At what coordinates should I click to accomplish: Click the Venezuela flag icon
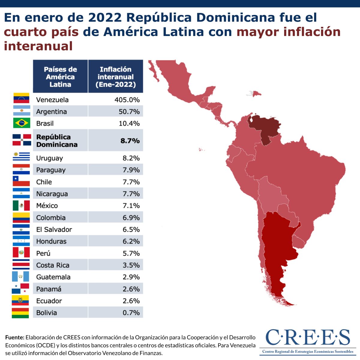[x=21, y=98]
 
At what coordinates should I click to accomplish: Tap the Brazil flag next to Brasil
[x=22, y=123]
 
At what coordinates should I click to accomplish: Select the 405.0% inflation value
[x=127, y=100]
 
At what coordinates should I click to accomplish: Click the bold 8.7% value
[x=130, y=140]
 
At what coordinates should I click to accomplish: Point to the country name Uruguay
[x=49, y=158]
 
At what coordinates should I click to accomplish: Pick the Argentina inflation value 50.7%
[x=129, y=112]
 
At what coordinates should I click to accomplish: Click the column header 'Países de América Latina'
[x=60, y=77]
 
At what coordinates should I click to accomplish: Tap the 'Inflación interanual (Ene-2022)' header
[x=115, y=77]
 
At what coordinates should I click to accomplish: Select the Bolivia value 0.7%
[x=131, y=313]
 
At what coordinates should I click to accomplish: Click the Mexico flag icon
[x=21, y=205]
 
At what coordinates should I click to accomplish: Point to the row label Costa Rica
[x=53, y=265]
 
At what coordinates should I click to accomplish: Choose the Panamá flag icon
[x=21, y=289]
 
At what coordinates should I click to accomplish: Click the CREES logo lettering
[x=307, y=337]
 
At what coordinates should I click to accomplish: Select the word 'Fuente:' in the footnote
[x=15, y=337]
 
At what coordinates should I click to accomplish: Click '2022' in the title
[x=105, y=17]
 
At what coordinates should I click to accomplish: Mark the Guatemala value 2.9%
[x=131, y=277]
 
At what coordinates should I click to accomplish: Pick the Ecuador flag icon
[x=20, y=300]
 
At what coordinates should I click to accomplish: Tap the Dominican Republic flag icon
[x=22, y=140]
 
